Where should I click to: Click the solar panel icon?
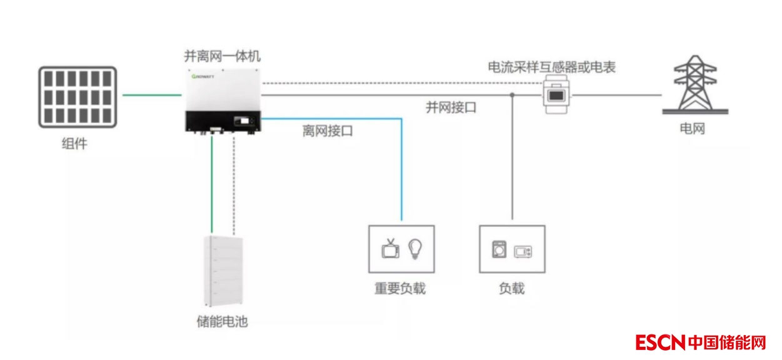pos(78,97)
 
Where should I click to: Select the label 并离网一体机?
pos(222,55)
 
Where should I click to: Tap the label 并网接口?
pos(451,107)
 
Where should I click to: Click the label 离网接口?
pos(328,131)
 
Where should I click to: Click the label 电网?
pos(692,129)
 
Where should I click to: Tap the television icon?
pos(391,248)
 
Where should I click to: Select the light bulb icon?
pos(414,248)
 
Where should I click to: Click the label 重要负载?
pos(400,289)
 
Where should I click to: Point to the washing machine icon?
pos(498,250)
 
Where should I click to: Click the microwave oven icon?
pos(523,252)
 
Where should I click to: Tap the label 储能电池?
pos(222,322)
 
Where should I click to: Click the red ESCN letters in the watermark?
pos(661,342)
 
